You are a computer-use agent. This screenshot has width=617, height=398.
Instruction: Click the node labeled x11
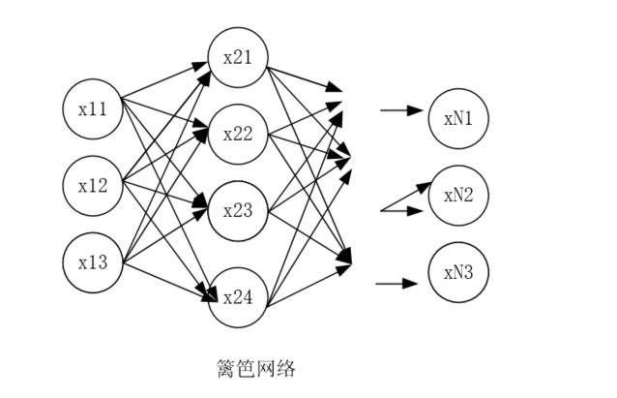click(93, 108)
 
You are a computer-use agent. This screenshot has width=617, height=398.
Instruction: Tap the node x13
click(93, 261)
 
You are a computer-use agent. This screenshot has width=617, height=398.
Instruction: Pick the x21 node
click(238, 57)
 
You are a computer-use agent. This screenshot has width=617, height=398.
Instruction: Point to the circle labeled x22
click(238, 134)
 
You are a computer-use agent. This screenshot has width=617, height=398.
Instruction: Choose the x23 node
click(238, 210)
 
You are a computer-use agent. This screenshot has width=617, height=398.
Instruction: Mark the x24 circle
click(238, 295)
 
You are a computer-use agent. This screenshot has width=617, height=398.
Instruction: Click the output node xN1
click(458, 119)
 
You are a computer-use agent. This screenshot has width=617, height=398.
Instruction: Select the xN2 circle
click(458, 196)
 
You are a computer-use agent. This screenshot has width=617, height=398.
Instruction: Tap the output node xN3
click(458, 272)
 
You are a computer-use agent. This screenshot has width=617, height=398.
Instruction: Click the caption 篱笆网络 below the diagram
click(255, 369)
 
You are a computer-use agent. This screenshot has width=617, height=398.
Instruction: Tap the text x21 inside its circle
click(238, 57)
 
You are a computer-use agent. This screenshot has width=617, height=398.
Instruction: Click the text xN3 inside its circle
click(458, 272)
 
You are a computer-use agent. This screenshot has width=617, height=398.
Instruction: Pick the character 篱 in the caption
click(226, 369)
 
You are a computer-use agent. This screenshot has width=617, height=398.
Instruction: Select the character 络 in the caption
click(285, 369)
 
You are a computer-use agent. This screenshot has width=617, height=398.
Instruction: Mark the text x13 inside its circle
click(93, 261)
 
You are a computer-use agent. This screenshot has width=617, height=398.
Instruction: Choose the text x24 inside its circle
click(238, 295)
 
